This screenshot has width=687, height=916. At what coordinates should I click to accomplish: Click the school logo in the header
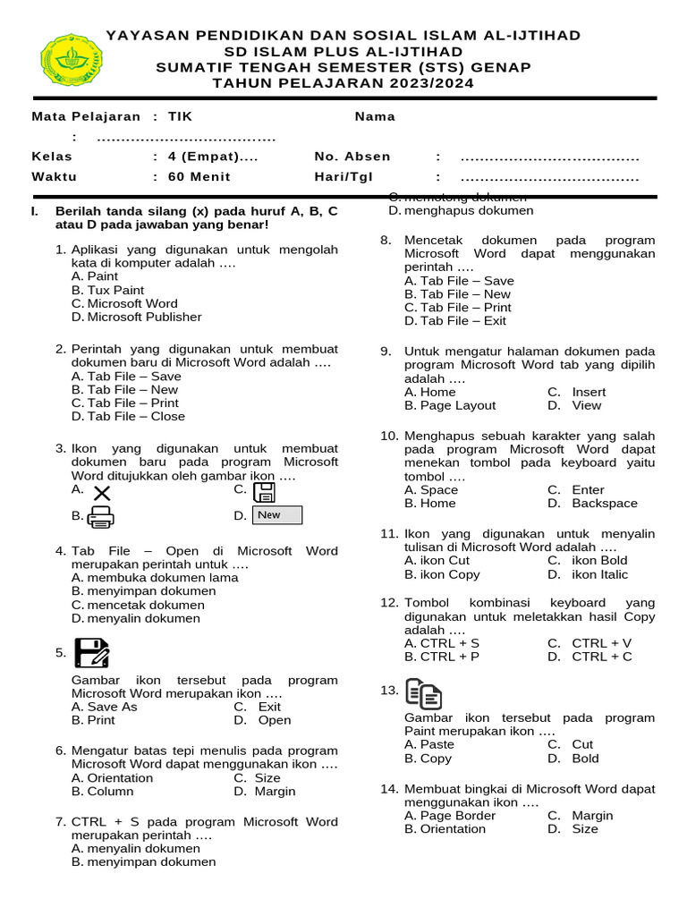72,60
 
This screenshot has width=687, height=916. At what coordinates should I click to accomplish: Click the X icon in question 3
102,493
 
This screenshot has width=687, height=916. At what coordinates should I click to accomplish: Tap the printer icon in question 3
100,516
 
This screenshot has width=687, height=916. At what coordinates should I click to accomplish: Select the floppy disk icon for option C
264,492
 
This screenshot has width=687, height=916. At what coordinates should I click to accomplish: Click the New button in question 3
277,515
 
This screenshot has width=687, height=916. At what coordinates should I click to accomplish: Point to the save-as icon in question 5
92,653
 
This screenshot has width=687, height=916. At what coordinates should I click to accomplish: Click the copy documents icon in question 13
423,693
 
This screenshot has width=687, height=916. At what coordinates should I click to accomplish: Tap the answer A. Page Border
450,816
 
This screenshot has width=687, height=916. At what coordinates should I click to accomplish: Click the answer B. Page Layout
450,405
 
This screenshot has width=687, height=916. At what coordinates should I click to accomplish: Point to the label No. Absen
352,156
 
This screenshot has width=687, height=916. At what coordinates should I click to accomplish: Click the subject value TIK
180,116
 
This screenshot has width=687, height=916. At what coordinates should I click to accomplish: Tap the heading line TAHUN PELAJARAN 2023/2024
343,83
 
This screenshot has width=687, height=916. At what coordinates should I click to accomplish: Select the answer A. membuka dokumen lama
154,578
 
